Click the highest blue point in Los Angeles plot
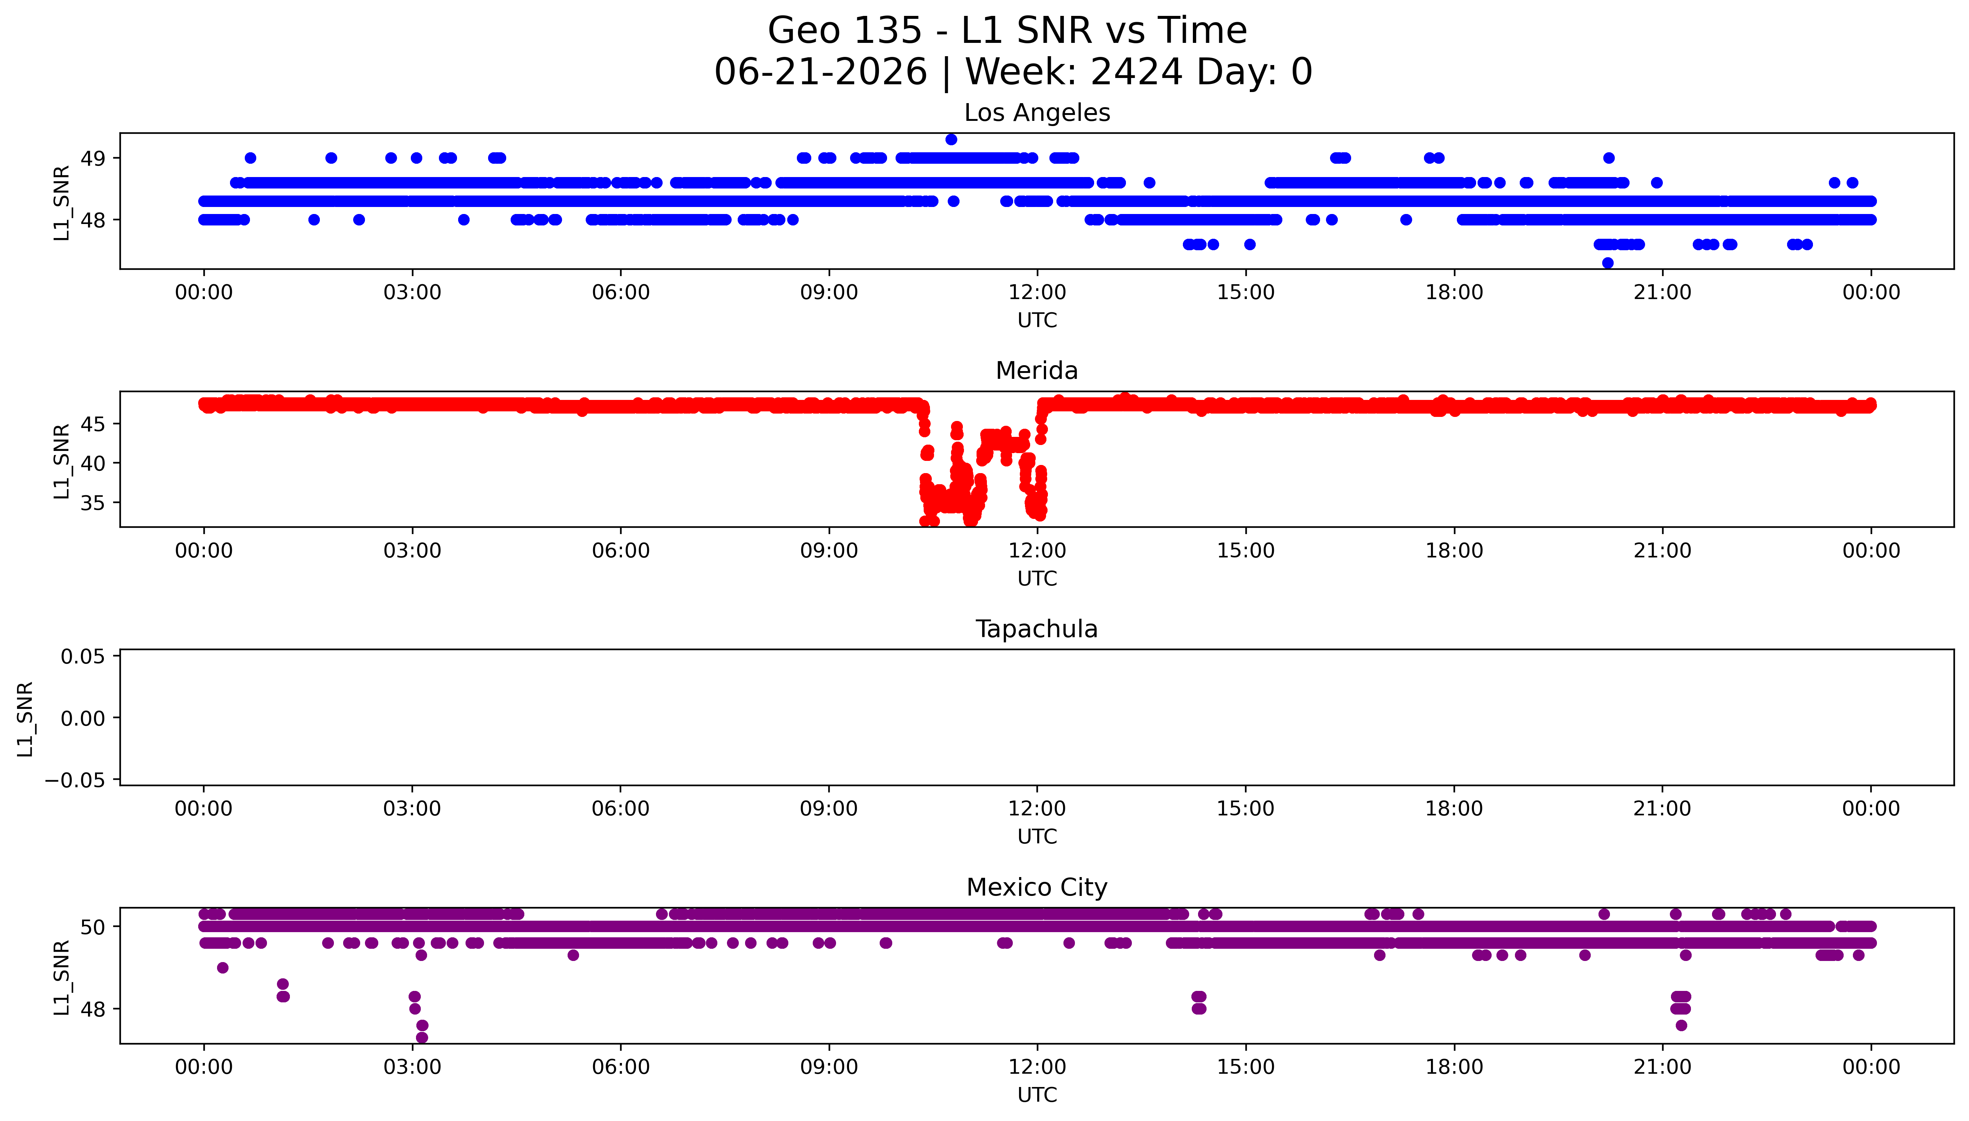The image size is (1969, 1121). [951, 139]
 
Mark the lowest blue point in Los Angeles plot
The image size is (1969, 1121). [1607, 262]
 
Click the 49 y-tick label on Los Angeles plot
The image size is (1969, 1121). [93, 159]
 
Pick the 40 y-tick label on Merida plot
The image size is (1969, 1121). [93, 463]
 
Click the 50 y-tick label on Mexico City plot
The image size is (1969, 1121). [93, 927]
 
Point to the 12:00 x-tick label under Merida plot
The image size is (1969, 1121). [1037, 550]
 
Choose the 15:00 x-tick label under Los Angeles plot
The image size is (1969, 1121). [1245, 293]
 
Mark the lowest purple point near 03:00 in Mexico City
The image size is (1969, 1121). [421, 1037]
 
